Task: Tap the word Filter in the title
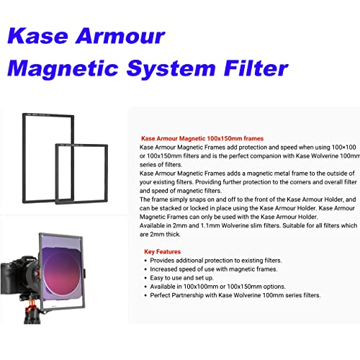249,68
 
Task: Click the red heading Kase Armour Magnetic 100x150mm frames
202,138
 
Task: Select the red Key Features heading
162,252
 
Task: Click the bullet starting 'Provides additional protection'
216,260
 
